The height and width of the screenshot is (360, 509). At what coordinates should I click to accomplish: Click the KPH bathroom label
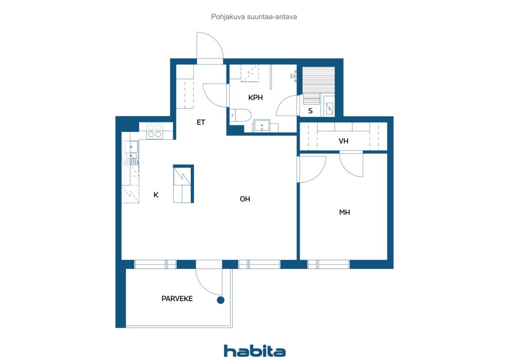[x=255, y=97]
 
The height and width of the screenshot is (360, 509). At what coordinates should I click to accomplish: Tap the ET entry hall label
[x=201, y=123]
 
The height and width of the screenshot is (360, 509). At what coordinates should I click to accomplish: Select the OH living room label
[x=245, y=199]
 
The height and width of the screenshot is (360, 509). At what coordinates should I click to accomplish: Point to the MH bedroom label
[x=344, y=212]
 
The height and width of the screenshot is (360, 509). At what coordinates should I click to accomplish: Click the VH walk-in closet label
[x=343, y=141]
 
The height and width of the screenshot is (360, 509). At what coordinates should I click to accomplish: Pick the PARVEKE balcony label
[x=177, y=299]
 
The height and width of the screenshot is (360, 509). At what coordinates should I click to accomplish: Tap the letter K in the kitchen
[x=156, y=195]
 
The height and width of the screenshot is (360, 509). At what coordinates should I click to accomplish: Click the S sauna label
[x=311, y=111]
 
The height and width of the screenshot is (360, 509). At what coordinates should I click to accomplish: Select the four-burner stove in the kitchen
[x=155, y=131]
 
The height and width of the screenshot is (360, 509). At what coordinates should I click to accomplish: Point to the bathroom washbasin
[x=262, y=126]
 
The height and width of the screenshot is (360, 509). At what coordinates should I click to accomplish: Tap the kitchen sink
[x=130, y=150]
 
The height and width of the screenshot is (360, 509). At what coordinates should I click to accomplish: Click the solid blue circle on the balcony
[x=221, y=300]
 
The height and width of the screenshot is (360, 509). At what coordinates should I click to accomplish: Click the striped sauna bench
[x=319, y=80]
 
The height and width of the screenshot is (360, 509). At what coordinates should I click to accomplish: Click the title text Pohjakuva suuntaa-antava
[x=254, y=17]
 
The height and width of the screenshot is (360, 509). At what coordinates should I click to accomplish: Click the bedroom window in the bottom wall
[x=328, y=264]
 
